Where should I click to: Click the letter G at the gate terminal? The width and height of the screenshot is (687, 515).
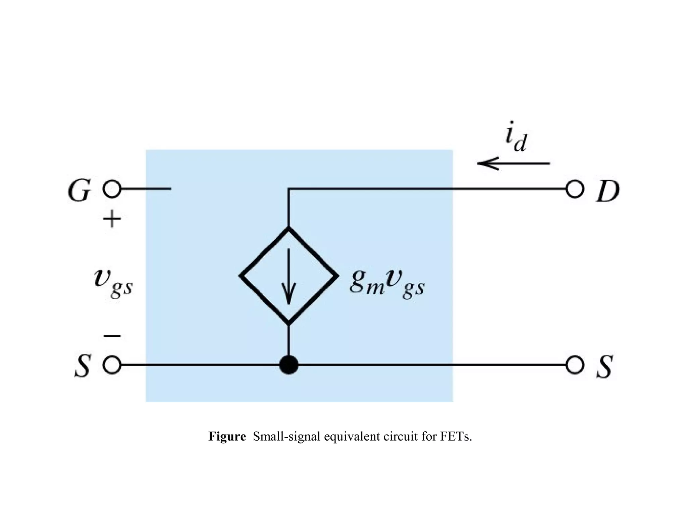(79, 190)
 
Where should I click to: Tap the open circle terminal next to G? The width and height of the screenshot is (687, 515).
(112, 189)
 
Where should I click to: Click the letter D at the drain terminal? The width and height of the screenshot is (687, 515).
(607, 191)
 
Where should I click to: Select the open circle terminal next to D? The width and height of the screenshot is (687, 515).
(575, 189)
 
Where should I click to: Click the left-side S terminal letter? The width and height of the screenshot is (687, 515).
(82, 366)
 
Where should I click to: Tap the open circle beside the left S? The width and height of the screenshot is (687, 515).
(112, 365)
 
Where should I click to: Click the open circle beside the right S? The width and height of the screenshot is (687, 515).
(575, 365)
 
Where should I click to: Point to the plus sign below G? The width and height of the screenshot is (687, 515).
(112, 219)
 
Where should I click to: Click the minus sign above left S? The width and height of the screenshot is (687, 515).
(112, 336)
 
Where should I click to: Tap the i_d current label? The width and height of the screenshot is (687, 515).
(516, 137)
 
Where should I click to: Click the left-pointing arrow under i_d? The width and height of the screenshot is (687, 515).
(513, 164)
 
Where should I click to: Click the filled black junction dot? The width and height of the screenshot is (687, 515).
(288, 365)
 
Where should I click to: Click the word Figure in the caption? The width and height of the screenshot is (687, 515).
(227, 436)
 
